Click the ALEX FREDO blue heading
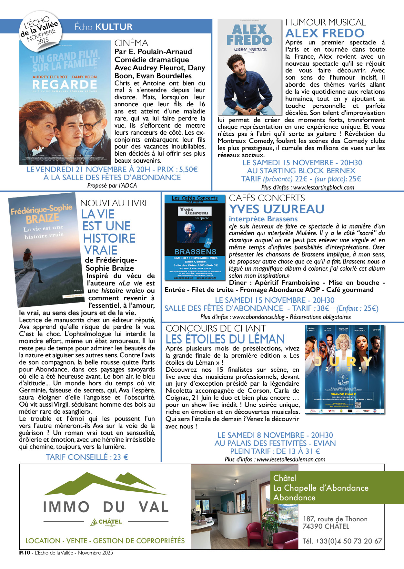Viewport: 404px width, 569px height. tap(325, 33)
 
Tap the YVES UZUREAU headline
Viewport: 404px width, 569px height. tap(277, 209)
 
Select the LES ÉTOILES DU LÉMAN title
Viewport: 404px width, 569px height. tap(225, 339)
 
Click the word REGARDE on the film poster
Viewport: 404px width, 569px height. tap(65, 85)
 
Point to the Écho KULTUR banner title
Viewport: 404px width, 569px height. tap(103, 27)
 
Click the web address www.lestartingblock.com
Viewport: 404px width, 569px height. tap(323, 188)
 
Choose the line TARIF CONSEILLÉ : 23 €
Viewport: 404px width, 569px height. tap(87, 457)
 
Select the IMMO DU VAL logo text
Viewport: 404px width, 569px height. tap(106, 507)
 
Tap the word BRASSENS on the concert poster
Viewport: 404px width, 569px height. tap(195, 252)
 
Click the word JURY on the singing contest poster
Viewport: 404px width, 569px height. tap(344, 362)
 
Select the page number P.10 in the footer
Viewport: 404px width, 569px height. tap(25, 553)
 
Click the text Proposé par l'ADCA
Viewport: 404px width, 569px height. tap(112, 185)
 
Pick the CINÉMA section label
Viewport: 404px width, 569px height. tap(131, 43)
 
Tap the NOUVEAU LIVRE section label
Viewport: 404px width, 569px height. tap(115, 203)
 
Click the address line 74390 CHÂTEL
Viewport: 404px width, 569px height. tap(326, 526)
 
